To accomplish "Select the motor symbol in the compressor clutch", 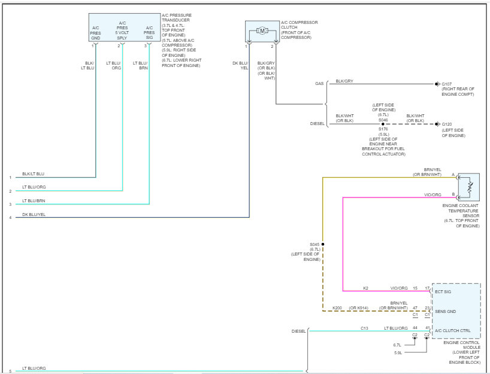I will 262,31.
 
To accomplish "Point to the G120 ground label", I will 447,124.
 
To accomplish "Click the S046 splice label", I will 383,119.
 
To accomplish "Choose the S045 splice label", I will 315,244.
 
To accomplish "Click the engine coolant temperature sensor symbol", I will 468,188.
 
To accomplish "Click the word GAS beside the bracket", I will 319,84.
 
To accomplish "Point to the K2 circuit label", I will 365,288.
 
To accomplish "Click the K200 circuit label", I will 338,308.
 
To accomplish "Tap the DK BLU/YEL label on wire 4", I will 34,215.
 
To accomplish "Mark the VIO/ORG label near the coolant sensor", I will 432,194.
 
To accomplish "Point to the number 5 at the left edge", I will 10,371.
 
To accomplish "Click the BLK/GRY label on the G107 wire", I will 344,81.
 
